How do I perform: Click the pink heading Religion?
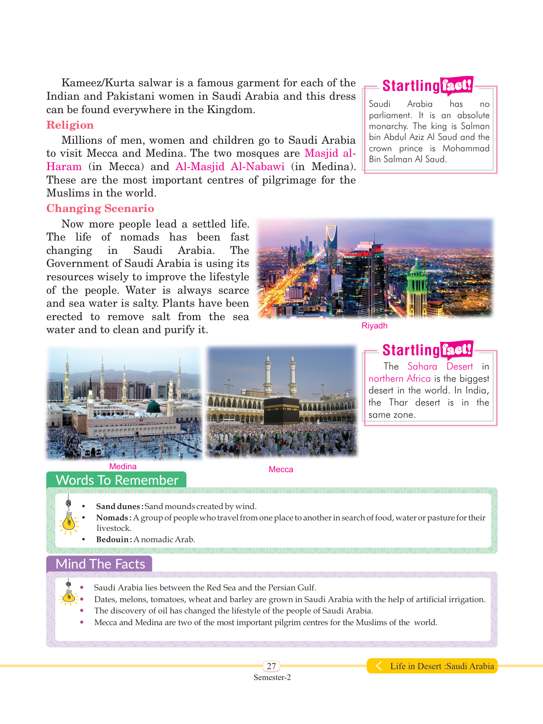(70, 125)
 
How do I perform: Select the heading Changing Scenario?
(100, 209)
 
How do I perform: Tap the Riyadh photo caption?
(374, 326)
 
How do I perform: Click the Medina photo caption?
(123, 467)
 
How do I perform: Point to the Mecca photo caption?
(281, 470)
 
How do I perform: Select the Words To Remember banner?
(116, 480)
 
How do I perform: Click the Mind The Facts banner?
(100, 564)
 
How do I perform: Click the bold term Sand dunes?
(118, 507)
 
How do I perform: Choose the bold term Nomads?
(112, 518)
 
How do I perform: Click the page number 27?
(271, 666)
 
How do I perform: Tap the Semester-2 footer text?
(272, 677)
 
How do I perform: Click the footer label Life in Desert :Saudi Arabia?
(442, 666)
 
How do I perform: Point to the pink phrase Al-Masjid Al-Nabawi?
(230, 167)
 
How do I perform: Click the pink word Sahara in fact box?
(422, 367)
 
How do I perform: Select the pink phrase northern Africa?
(399, 379)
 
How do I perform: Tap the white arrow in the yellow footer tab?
(378, 666)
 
